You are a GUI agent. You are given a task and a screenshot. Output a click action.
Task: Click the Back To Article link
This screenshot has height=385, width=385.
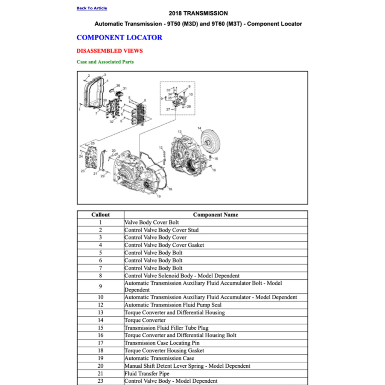coord(92,8)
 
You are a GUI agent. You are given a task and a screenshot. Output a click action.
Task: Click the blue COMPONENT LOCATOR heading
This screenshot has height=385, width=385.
coord(119,38)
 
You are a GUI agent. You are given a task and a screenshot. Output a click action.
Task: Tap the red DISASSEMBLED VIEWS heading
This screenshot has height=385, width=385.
coord(109,51)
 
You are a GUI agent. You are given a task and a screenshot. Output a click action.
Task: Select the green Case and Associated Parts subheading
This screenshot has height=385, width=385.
coord(105,62)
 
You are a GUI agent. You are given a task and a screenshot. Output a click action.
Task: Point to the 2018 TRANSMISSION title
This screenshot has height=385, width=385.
coord(198,13)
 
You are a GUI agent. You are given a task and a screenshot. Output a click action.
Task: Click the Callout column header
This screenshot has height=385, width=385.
coord(100,215)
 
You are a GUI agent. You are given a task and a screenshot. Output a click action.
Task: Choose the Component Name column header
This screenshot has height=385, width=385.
coord(215,215)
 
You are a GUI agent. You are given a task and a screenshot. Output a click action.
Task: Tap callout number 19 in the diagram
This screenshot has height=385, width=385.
coord(159,196)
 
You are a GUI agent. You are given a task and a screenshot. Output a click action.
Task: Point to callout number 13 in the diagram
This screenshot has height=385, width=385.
coord(180,132)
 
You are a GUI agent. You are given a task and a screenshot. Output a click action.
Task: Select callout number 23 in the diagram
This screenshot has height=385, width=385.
coord(83,171)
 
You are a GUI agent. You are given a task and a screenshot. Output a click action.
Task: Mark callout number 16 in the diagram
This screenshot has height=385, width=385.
coord(214,170)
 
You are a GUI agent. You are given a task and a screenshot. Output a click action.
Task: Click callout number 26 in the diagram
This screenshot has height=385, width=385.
coord(118,86)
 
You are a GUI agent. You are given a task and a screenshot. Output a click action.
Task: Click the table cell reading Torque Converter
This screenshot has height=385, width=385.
coord(145,320)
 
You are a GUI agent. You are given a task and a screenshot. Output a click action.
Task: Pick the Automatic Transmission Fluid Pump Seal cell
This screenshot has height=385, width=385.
coord(173,305)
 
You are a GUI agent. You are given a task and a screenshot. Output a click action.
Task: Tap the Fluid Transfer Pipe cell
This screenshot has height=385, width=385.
coord(147,374)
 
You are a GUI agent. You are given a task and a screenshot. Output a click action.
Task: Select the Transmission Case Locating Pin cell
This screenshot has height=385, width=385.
coord(162,343)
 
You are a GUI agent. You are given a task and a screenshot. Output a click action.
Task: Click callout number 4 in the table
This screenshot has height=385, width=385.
coord(100,245)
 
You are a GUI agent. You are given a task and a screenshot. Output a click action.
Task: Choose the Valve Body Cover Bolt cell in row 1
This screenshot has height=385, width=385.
coord(152,222)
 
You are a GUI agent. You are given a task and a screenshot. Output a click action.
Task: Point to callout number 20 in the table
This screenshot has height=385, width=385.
coord(100,366)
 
